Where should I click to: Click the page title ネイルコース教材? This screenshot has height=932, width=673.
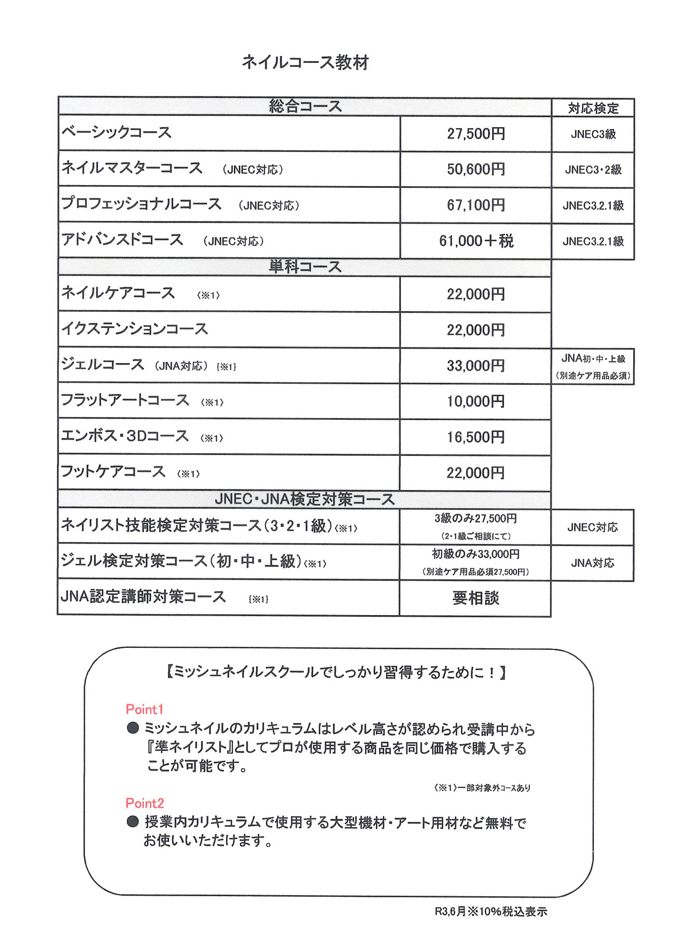click(x=305, y=62)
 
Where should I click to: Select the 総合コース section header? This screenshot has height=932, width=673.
click(x=305, y=106)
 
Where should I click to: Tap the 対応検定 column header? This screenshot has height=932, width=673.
click(x=593, y=108)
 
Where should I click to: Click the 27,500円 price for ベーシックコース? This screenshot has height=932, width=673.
click(x=475, y=134)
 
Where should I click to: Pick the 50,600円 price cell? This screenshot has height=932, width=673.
click(x=475, y=169)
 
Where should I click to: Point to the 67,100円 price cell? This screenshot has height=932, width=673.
click(x=475, y=205)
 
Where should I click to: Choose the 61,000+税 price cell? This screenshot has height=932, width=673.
click(x=475, y=241)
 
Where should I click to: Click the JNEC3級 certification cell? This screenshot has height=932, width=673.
click(x=593, y=134)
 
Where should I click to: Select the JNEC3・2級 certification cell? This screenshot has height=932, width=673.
click(x=593, y=170)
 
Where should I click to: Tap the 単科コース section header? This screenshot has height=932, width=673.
click(x=305, y=267)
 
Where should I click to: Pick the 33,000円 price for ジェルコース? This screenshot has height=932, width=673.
click(x=475, y=366)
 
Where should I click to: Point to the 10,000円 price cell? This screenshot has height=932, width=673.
click(x=475, y=401)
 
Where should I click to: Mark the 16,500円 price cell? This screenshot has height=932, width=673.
click(x=475, y=437)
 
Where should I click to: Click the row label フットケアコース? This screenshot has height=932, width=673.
click(x=113, y=471)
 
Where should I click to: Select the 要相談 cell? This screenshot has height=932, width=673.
click(x=475, y=598)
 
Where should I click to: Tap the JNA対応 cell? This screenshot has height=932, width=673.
click(x=593, y=563)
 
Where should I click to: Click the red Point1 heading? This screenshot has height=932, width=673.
click(x=145, y=709)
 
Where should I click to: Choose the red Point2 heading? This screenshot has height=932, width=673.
click(x=145, y=803)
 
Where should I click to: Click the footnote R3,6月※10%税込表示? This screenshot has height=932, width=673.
click(x=490, y=911)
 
